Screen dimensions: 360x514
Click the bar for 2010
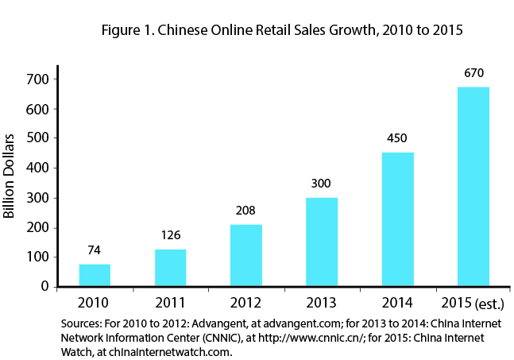point(95,275)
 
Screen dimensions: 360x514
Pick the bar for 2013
point(322,242)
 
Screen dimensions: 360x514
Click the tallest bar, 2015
point(473,187)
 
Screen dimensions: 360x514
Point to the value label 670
point(473,73)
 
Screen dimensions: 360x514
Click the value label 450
point(397,138)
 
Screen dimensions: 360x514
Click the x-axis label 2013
point(322,303)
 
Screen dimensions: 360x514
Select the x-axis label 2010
point(95,303)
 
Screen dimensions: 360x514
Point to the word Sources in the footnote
point(81,323)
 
